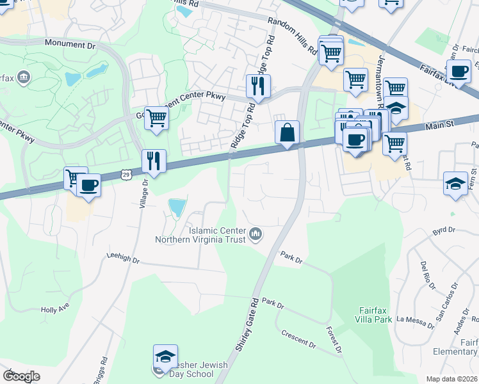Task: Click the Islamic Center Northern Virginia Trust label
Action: tap(200, 235)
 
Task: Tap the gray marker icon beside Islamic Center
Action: tap(256, 235)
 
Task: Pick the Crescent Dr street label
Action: tap(299, 340)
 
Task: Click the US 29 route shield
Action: tap(126, 174)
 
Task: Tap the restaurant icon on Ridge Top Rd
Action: tap(258, 86)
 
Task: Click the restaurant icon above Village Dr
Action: tap(154, 161)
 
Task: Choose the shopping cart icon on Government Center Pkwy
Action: tap(156, 118)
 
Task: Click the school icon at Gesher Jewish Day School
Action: tap(165, 356)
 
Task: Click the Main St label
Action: tap(440, 126)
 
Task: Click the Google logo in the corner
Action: tap(21, 376)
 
